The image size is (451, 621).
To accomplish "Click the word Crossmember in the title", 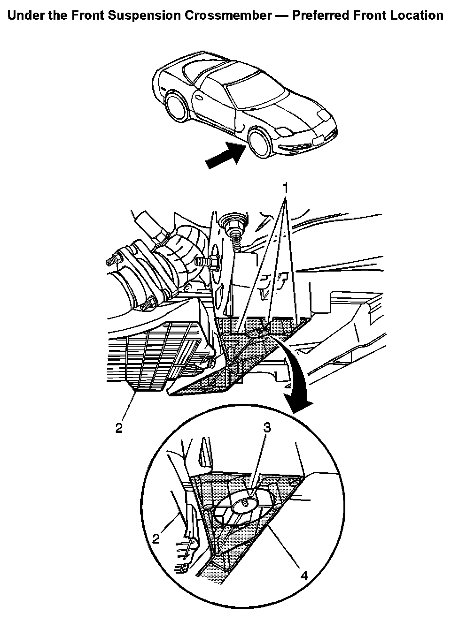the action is coord(227,15).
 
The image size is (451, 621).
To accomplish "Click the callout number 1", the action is coord(285,187).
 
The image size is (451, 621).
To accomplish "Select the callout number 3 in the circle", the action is coord(266,427).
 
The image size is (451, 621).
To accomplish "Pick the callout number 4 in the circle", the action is coord(304,575).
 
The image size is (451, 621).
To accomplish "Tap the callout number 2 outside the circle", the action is coord(119,428).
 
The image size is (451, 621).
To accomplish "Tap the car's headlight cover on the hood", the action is coord(323,114).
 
